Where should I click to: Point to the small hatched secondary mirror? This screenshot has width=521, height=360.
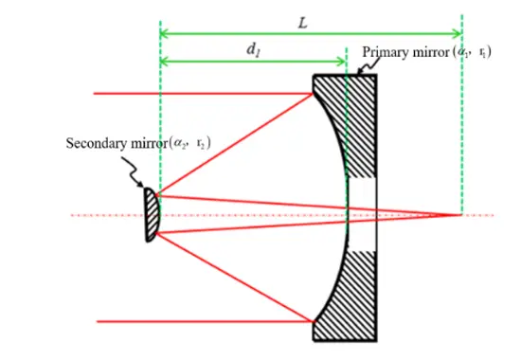150,215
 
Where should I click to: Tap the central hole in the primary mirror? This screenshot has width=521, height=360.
365,215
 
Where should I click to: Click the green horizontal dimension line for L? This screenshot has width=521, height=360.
237,34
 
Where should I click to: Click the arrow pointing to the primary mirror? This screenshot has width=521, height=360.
367,65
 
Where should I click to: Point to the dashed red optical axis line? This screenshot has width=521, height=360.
95,215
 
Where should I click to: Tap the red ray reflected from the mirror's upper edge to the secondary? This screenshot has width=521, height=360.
237,143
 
